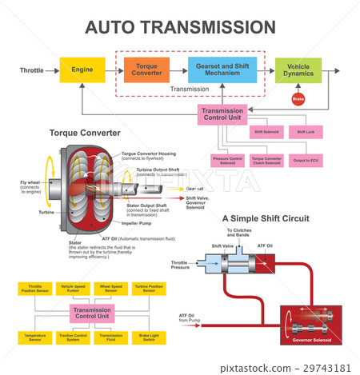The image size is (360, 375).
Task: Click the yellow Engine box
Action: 82,71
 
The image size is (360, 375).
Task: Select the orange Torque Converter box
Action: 146,71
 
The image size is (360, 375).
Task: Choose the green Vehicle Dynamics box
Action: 298,71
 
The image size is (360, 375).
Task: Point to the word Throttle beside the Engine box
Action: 32,71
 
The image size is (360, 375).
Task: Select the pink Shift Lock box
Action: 306,131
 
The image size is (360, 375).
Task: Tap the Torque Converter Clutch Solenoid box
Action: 266,162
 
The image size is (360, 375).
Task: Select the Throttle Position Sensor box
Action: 35,288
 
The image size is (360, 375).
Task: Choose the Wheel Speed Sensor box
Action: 110,288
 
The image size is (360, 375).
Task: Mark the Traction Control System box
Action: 73,337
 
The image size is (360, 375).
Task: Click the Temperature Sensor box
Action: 35,337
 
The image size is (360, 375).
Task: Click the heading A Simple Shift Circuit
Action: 265,218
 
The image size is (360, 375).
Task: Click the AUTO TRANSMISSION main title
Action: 180,27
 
